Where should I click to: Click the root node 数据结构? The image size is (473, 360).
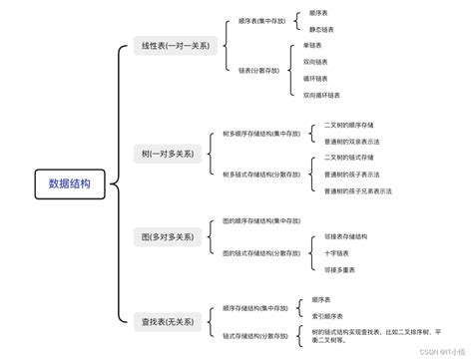point(70,183)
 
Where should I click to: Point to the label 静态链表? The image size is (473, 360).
point(320,30)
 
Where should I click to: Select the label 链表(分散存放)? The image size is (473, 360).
point(260,70)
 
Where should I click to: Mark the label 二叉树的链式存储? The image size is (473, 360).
point(349,158)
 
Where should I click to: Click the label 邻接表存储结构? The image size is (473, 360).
point(345,236)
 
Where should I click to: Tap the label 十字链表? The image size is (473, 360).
point(336,252)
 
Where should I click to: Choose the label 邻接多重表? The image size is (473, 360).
point(339,269)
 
